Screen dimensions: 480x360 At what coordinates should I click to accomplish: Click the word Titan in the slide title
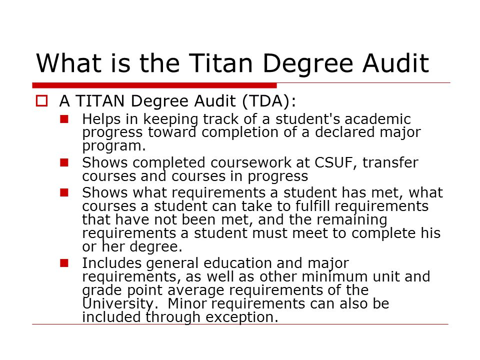point(220,63)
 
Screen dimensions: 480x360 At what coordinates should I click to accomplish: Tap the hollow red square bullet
point(41,101)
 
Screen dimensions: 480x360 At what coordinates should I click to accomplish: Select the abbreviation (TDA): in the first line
point(269,101)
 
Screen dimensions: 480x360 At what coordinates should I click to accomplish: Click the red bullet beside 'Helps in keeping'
point(64,119)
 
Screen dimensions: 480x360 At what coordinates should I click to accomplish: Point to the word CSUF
point(335,162)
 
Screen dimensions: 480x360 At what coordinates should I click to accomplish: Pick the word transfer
point(390,162)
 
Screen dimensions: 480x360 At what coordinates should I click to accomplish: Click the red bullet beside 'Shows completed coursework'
point(64,162)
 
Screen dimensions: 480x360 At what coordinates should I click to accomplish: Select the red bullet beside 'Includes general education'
point(64,263)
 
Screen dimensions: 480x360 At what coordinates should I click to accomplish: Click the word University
point(118,304)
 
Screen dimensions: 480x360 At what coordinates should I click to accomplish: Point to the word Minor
point(187,303)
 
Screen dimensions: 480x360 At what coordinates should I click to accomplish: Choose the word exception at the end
point(242,317)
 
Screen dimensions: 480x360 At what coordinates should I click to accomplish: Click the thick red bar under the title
point(154,85)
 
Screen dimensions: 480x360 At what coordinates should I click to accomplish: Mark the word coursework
point(250,162)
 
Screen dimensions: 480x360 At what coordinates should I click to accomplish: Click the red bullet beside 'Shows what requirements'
point(64,192)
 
